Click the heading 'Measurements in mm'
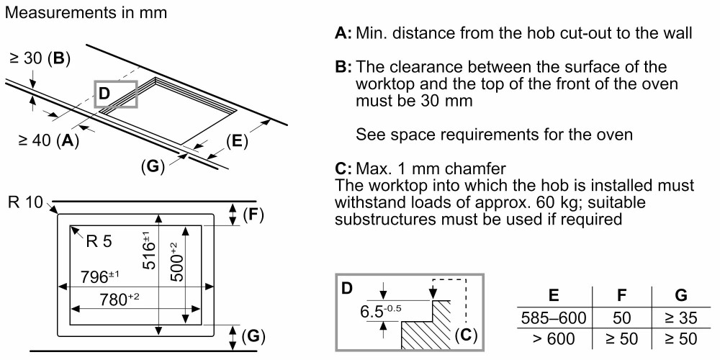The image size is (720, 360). (x=86, y=13)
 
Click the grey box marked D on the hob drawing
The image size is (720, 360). (x=115, y=94)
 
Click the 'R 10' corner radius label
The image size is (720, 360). (x=26, y=202)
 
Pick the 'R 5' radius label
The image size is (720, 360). (x=99, y=241)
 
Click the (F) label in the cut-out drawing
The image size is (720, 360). (x=252, y=213)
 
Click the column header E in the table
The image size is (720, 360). (x=554, y=295)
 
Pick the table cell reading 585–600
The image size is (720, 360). (x=553, y=318)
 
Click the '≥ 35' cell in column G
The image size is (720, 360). (x=680, y=318)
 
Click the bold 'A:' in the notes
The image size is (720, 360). (x=343, y=33)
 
